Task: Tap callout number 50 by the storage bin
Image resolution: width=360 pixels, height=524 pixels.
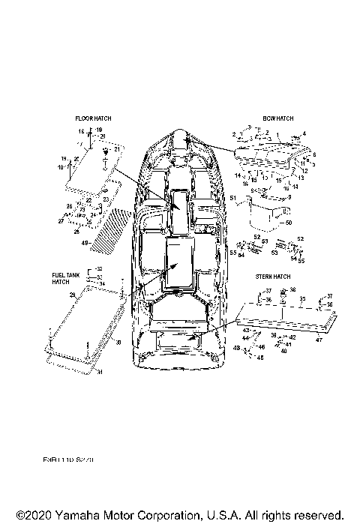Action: click(x=289, y=223)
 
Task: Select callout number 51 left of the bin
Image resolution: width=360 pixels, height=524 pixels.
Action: click(x=232, y=198)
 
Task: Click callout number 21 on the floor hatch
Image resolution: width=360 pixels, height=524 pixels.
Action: click(x=117, y=150)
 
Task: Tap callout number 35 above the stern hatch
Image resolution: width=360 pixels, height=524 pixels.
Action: click(x=303, y=298)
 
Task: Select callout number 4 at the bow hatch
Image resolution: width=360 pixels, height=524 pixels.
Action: click(x=304, y=134)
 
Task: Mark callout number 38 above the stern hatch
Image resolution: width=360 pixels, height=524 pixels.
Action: click(x=292, y=289)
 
